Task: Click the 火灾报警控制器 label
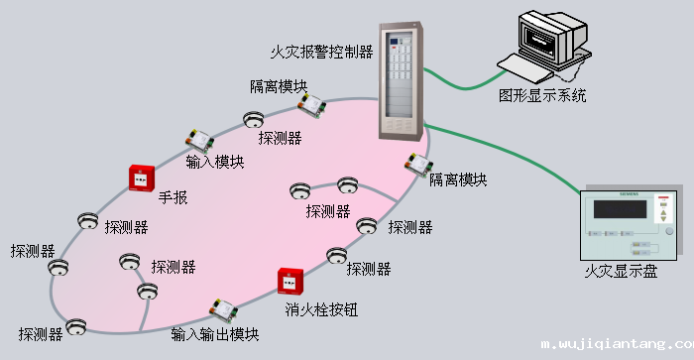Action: [x=322, y=50]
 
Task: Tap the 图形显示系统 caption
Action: [x=542, y=96]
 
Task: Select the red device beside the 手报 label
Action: [x=141, y=178]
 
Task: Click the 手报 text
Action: [x=173, y=197]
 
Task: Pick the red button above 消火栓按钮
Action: [x=289, y=282]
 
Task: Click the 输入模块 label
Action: [x=214, y=162]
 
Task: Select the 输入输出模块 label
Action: [x=215, y=334]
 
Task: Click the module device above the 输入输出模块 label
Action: [x=222, y=309]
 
